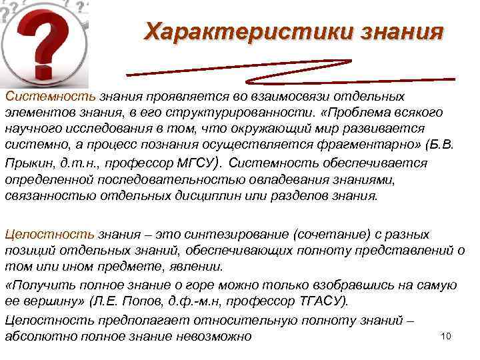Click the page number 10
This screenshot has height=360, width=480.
click(447, 335)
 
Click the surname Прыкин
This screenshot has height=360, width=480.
click(25, 162)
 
